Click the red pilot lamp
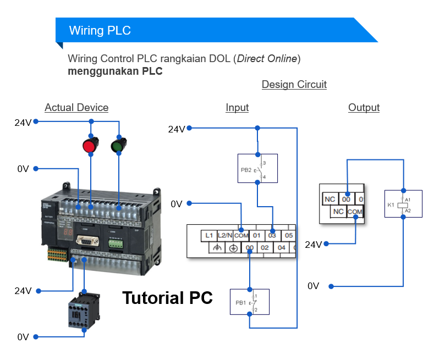click(x=89, y=146)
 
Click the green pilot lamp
click(x=118, y=146)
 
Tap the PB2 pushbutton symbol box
click(x=257, y=168)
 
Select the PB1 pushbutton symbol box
click(x=250, y=302)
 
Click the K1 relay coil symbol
click(x=403, y=204)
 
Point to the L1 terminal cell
click(x=209, y=235)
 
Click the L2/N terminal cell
click(x=225, y=235)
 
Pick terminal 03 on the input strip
click(x=272, y=235)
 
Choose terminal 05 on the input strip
click(x=289, y=235)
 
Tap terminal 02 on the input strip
click(x=265, y=248)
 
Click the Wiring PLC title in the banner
click(x=100, y=30)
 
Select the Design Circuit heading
click(x=294, y=85)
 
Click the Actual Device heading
click(x=76, y=108)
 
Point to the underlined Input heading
click(x=237, y=108)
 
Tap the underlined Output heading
click(x=364, y=108)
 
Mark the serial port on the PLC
click(x=87, y=242)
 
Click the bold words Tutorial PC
click(x=167, y=298)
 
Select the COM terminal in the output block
click(x=355, y=211)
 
